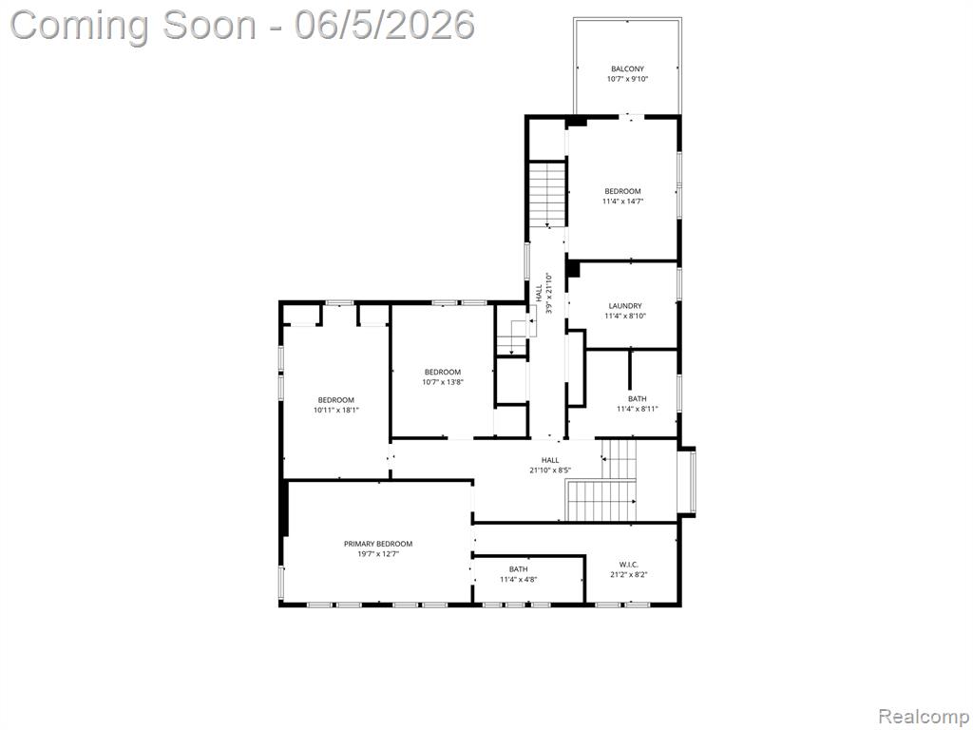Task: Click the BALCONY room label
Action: pyautogui.click(x=627, y=68)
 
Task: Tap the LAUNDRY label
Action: pyautogui.click(x=625, y=306)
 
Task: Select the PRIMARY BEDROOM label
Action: pyautogui.click(x=378, y=544)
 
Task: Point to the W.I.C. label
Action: pyautogui.click(x=629, y=565)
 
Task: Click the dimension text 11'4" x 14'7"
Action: pyautogui.click(x=622, y=202)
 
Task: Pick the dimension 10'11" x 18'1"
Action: pyautogui.click(x=336, y=410)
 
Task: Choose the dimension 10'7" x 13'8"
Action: pyautogui.click(x=443, y=382)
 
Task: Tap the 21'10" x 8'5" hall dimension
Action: pyautogui.click(x=550, y=470)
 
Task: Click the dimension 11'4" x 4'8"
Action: pyautogui.click(x=519, y=579)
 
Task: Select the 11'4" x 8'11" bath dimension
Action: pyautogui.click(x=638, y=409)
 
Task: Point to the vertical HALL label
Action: pyautogui.click(x=539, y=291)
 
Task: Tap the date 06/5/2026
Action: pyautogui.click(x=384, y=26)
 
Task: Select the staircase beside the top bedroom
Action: pyautogui.click(x=547, y=194)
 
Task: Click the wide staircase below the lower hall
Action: pyautogui.click(x=601, y=500)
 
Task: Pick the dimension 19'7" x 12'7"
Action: pyautogui.click(x=378, y=554)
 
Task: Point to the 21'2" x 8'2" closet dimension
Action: pyautogui.click(x=629, y=574)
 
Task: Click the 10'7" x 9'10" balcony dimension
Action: pyautogui.click(x=627, y=79)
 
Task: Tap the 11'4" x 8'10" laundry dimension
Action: pyautogui.click(x=625, y=316)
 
